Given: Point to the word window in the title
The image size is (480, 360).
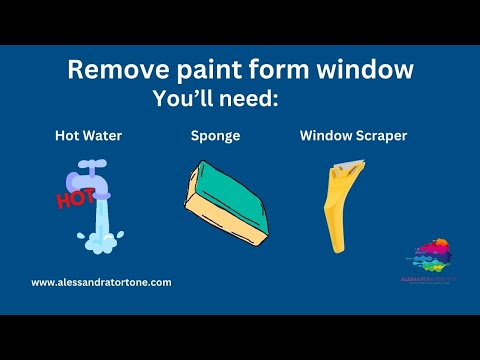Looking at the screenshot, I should click(x=361, y=71).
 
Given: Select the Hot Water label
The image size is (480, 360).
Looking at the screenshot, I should click(x=88, y=135).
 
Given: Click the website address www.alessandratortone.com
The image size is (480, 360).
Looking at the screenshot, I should click(x=101, y=283).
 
